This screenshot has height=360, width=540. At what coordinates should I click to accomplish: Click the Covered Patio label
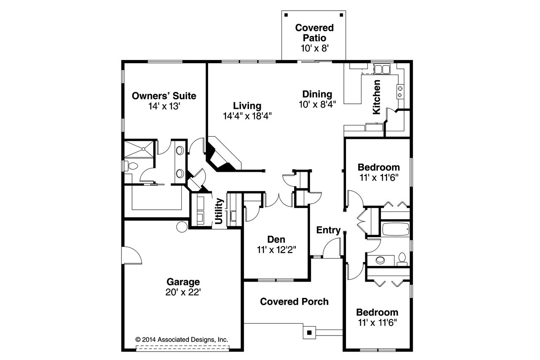pyautogui.click(x=314, y=33)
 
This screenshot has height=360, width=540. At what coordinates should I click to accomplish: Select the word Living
pyautogui.click(x=247, y=106)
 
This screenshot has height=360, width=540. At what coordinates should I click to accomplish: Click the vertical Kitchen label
pyautogui.click(x=377, y=97)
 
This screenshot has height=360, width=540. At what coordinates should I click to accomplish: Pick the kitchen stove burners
pyautogui.click(x=400, y=92)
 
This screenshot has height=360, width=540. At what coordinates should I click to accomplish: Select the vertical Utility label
pyautogui.click(x=219, y=211)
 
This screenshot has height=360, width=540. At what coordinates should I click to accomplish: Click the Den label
pyautogui.click(x=276, y=239)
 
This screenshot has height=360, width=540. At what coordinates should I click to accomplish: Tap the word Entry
pyautogui.click(x=328, y=230)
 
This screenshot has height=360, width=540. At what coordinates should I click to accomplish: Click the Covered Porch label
pyautogui.click(x=294, y=301)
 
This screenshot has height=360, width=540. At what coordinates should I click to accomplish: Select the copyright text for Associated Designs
pyautogui.click(x=181, y=339)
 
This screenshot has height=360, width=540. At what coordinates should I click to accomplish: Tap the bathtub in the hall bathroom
pyautogui.click(x=395, y=230)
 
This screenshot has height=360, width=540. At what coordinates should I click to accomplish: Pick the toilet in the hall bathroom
pyautogui.click(x=402, y=258)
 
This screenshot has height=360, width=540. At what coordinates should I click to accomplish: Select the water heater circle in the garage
pyautogui.click(x=182, y=227)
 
